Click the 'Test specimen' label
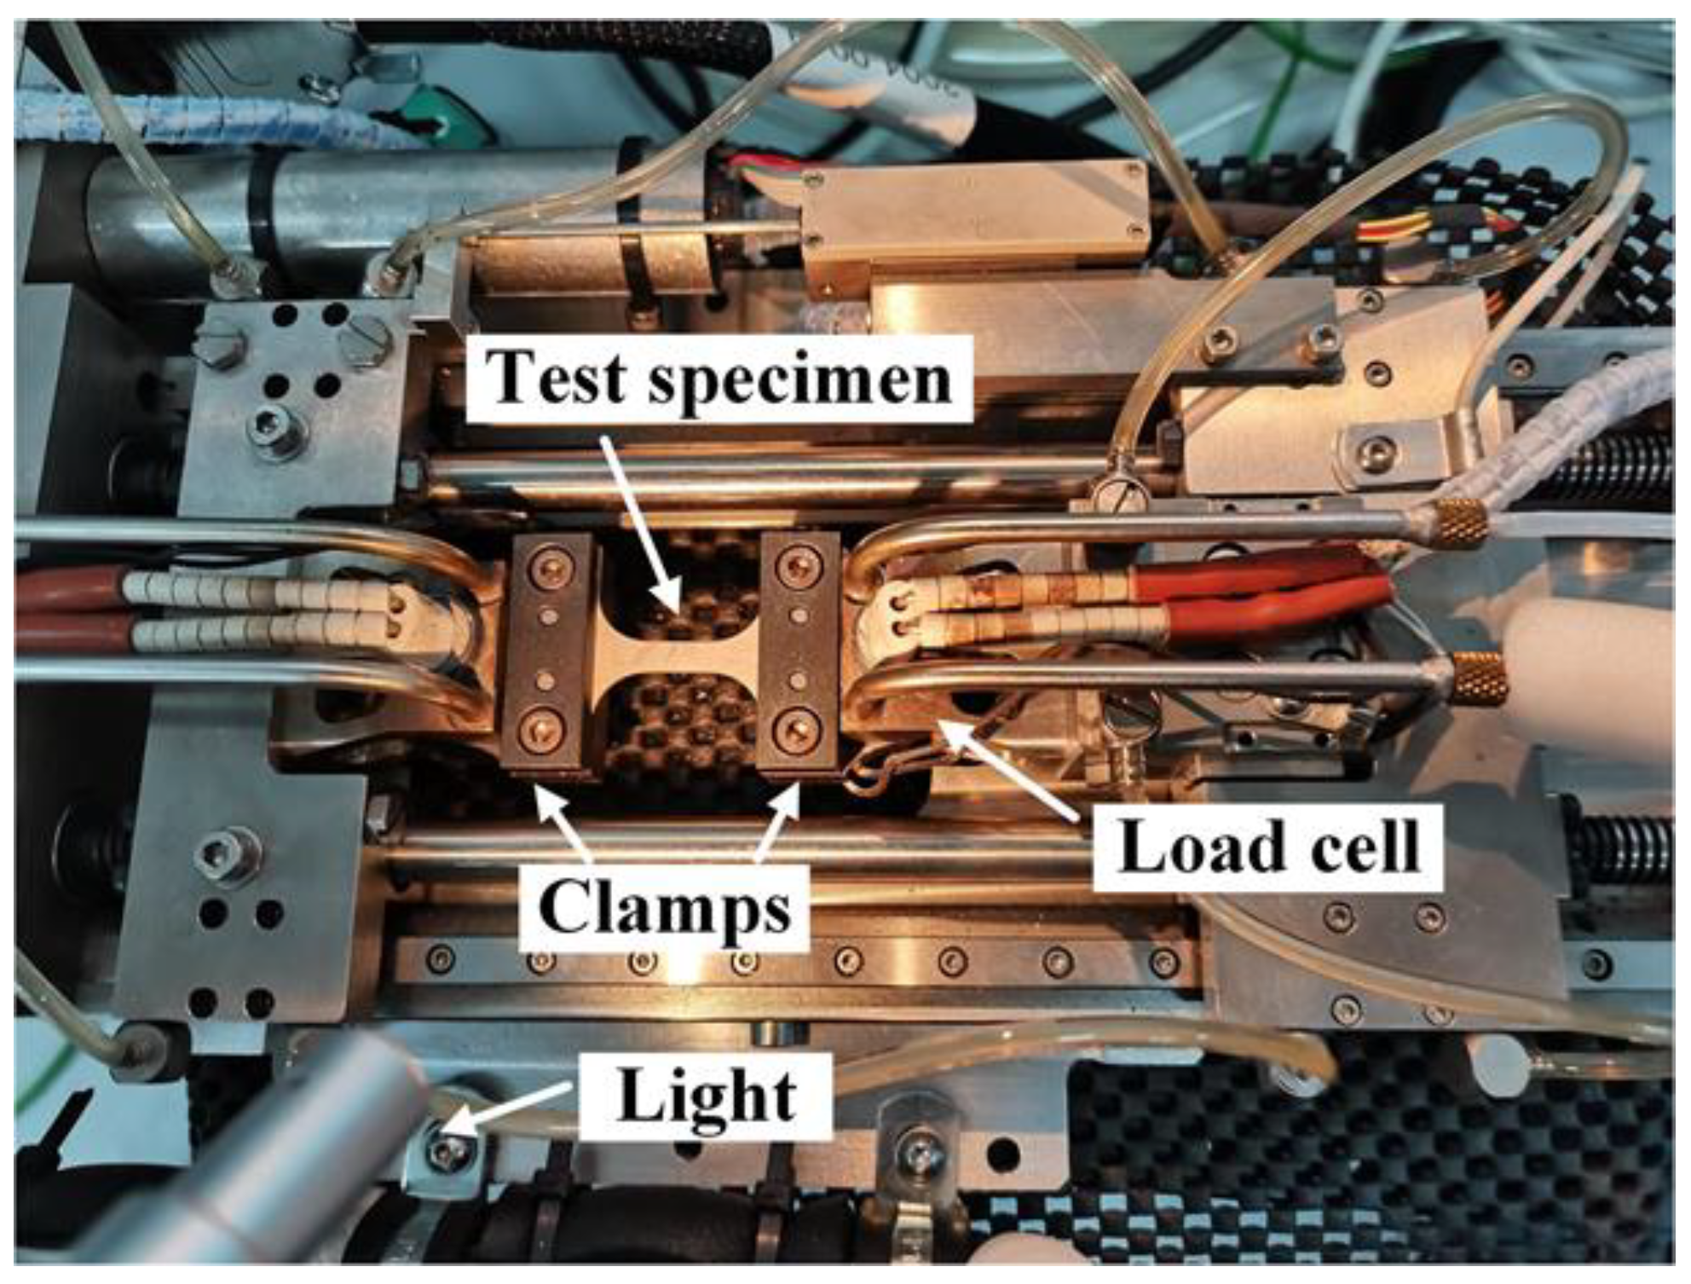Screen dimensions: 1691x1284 721,378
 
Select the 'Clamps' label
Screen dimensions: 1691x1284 665,908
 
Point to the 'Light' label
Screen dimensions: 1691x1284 707,1096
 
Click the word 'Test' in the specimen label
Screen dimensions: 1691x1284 558,378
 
